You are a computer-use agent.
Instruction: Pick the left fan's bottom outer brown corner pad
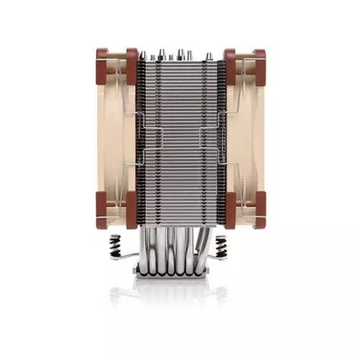coord(102,217)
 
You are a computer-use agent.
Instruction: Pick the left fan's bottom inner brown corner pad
coord(132,217)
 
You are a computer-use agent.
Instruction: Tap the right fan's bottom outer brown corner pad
coord(257,217)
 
